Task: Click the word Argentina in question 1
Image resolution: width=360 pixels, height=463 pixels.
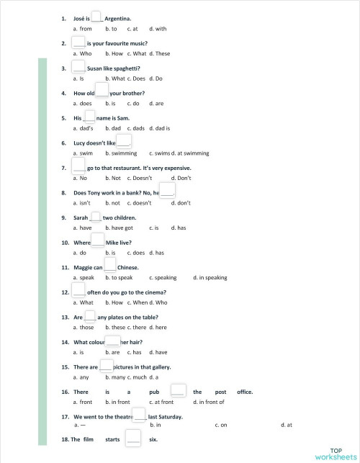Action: point(117,17)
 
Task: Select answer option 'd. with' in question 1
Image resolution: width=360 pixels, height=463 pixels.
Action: point(158,29)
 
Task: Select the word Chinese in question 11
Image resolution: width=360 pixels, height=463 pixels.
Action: point(127,267)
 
